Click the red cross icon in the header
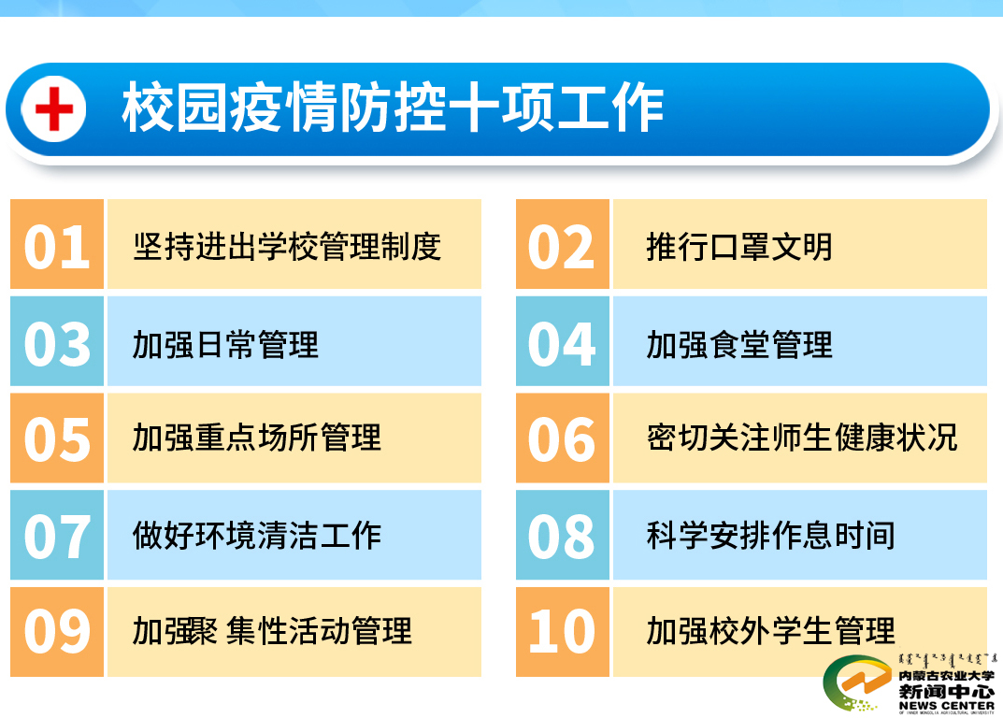click(53, 108)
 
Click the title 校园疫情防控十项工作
click(393, 108)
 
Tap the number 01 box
click(57, 244)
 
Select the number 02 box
click(563, 244)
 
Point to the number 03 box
click(57, 341)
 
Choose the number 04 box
click(563, 341)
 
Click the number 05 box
click(57, 438)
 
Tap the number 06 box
click(563, 438)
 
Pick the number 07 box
click(57, 535)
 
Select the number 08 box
click(563, 535)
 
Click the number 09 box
click(57, 632)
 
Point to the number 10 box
click(563, 632)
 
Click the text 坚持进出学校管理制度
click(287, 247)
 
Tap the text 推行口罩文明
click(739, 247)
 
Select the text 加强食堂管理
click(739, 345)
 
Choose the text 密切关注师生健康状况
click(802, 438)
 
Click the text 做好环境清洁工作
click(256, 536)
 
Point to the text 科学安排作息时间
click(771, 536)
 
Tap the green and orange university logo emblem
click(857, 683)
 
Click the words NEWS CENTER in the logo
click(947, 705)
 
